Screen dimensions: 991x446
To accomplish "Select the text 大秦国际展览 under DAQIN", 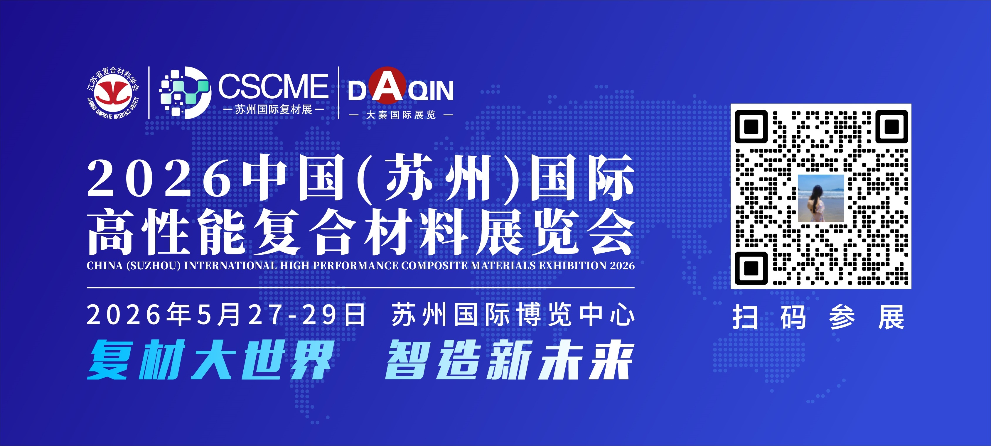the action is point(401,114).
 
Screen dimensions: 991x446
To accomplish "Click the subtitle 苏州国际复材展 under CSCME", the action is point(274,109).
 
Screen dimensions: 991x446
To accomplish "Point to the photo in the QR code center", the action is point(821,198).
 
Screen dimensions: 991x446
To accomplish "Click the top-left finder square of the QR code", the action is point(751,126).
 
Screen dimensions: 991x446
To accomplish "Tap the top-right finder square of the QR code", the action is point(892,126).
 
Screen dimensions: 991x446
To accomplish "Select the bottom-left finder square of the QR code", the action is point(751,268).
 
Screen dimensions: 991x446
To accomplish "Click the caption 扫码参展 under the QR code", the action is point(818,317).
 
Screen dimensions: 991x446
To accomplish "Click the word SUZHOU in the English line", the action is point(153,266).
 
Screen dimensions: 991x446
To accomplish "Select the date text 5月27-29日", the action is point(281,315).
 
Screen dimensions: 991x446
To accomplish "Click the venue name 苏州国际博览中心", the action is point(513,315).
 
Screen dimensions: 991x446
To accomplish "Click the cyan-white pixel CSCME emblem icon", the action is point(186,93).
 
